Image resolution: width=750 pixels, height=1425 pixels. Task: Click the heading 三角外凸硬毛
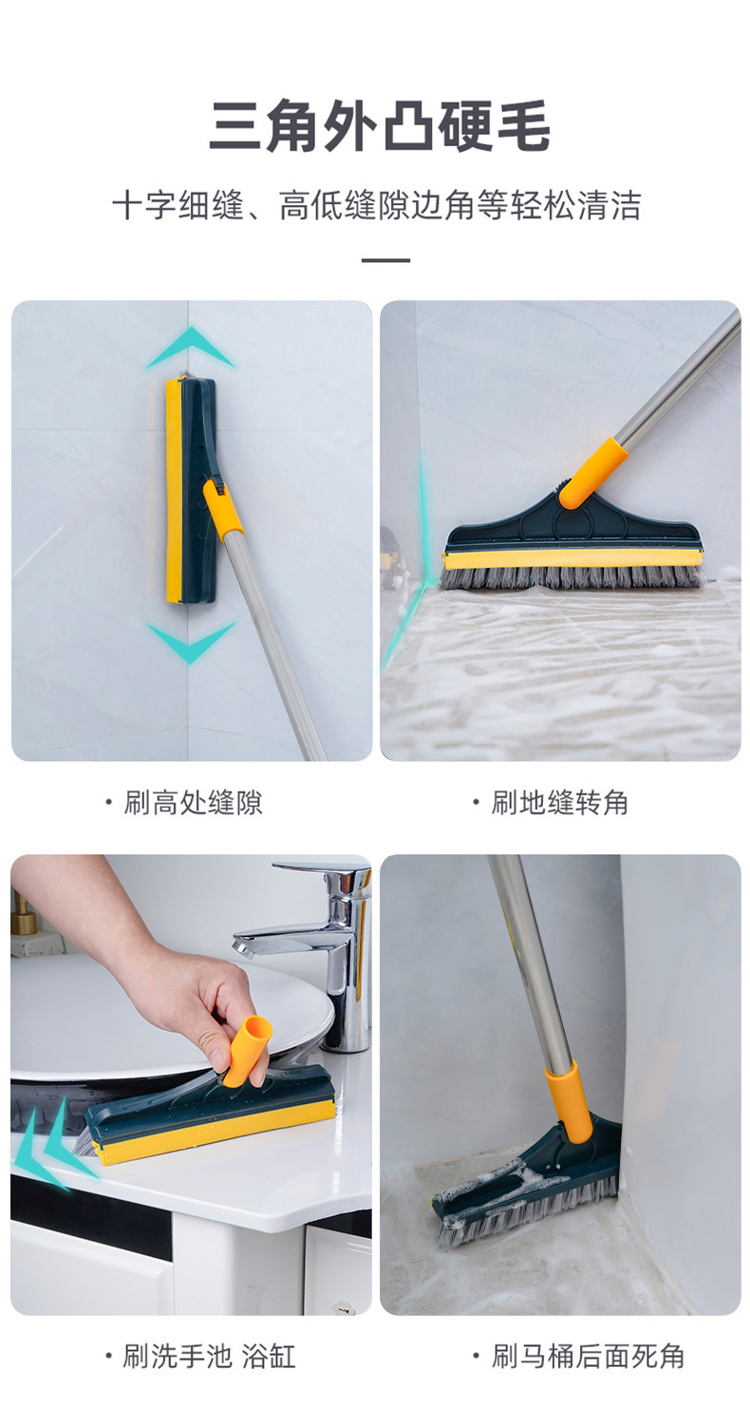coord(379,126)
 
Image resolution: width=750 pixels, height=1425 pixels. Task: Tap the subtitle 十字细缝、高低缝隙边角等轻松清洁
coord(377,205)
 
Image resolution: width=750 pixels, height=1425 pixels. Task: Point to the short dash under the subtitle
coord(385,260)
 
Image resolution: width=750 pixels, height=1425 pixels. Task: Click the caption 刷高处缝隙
coord(193,802)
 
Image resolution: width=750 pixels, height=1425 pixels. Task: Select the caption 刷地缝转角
coord(560,802)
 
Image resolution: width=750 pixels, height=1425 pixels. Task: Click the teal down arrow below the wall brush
coord(190,643)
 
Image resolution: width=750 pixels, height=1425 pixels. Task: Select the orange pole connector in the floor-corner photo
coord(592,472)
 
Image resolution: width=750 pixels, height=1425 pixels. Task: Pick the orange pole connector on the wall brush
coord(223,509)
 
